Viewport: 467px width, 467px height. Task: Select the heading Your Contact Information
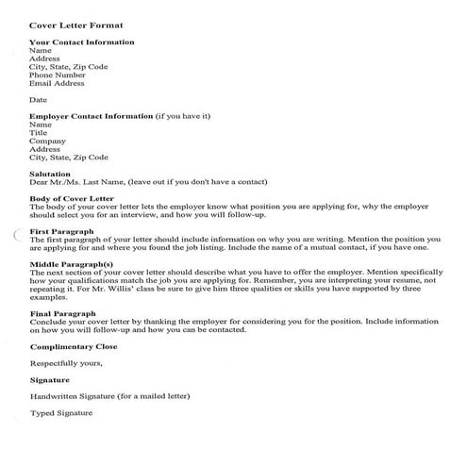click(x=81, y=42)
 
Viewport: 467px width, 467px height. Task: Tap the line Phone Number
click(x=63, y=75)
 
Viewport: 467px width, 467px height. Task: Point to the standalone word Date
click(x=38, y=100)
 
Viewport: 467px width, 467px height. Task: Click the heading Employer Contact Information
click(x=91, y=116)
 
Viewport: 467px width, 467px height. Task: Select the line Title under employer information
click(x=39, y=133)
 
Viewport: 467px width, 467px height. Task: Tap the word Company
click(x=46, y=142)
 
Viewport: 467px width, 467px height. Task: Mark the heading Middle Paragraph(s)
click(x=72, y=264)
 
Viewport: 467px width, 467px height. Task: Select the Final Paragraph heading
click(x=64, y=314)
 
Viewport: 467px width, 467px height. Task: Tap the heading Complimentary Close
click(x=78, y=347)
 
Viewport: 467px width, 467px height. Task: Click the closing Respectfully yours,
click(x=66, y=363)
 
